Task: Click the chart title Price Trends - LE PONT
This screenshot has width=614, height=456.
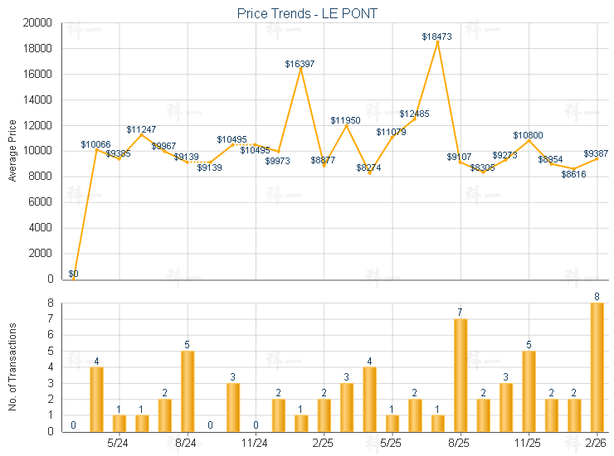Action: click(307, 13)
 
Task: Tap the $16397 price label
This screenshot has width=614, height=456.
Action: click(300, 64)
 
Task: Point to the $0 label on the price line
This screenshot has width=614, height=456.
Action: click(74, 274)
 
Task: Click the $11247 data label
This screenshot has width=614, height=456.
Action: click(141, 129)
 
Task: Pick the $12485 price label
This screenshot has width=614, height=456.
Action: click(414, 114)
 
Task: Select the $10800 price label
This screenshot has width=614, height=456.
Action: click(528, 134)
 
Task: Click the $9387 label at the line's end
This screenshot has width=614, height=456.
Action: click(596, 153)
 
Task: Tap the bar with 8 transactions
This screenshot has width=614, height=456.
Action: click(597, 366)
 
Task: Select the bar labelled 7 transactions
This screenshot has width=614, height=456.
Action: click(460, 375)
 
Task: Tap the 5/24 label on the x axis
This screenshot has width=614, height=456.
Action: click(119, 443)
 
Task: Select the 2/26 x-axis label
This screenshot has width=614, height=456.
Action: click(597, 443)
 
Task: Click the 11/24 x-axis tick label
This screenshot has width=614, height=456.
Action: click(256, 443)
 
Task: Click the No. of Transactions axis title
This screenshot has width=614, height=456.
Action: click(12, 367)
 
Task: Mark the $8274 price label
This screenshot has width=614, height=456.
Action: click(369, 167)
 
